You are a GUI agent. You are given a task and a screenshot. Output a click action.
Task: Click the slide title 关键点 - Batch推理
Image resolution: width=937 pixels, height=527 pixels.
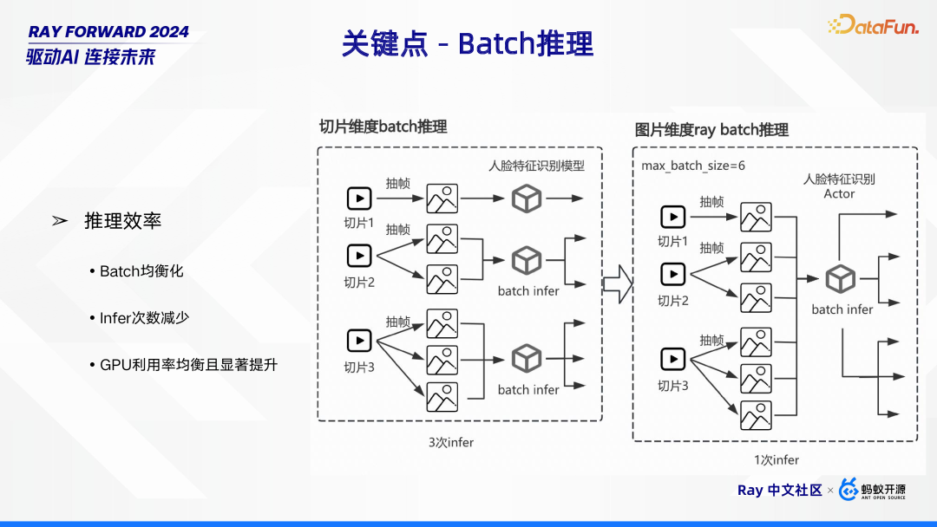pos(468,43)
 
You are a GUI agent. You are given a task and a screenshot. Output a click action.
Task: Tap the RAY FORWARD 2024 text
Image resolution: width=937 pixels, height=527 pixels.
pos(108,32)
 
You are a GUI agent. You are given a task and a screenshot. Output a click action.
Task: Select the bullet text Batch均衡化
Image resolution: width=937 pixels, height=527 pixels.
pos(141,271)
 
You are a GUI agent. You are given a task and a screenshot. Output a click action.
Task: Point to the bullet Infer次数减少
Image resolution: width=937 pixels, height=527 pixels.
pos(144,318)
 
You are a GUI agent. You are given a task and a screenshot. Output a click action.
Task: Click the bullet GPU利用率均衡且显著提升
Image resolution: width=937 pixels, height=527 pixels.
pos(188,365)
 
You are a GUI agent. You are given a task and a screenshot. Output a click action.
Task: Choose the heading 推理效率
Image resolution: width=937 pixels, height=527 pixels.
pos(122,221)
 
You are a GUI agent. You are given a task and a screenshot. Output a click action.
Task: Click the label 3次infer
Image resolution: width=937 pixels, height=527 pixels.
pos(451,442)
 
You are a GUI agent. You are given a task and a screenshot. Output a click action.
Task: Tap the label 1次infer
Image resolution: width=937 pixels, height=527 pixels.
pos(776,460)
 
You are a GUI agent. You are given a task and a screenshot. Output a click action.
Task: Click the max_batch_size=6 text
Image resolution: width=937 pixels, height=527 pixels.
pos(692,165)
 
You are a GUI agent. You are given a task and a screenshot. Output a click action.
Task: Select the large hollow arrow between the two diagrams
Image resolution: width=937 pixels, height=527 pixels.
pos(617,283)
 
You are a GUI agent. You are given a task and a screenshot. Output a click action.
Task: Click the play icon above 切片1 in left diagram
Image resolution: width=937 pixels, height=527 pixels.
pos(359,198)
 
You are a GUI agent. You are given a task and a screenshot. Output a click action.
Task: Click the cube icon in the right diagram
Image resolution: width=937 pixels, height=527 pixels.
pos(840,279)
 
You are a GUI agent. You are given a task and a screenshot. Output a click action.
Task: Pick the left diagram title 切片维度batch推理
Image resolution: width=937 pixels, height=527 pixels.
pos(383,127)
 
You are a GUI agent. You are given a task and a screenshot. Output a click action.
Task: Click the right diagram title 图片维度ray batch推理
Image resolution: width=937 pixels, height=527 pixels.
pos(711,130)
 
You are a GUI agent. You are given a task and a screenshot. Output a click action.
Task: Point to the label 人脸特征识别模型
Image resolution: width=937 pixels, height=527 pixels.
pos(537,166)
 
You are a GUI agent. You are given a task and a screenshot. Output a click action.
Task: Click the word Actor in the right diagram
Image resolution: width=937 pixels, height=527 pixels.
pos(839,194)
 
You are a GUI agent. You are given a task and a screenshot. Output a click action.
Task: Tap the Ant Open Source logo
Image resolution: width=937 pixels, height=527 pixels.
pos(873,490)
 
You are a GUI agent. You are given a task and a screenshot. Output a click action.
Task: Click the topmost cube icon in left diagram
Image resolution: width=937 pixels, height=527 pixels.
pos(527,198)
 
